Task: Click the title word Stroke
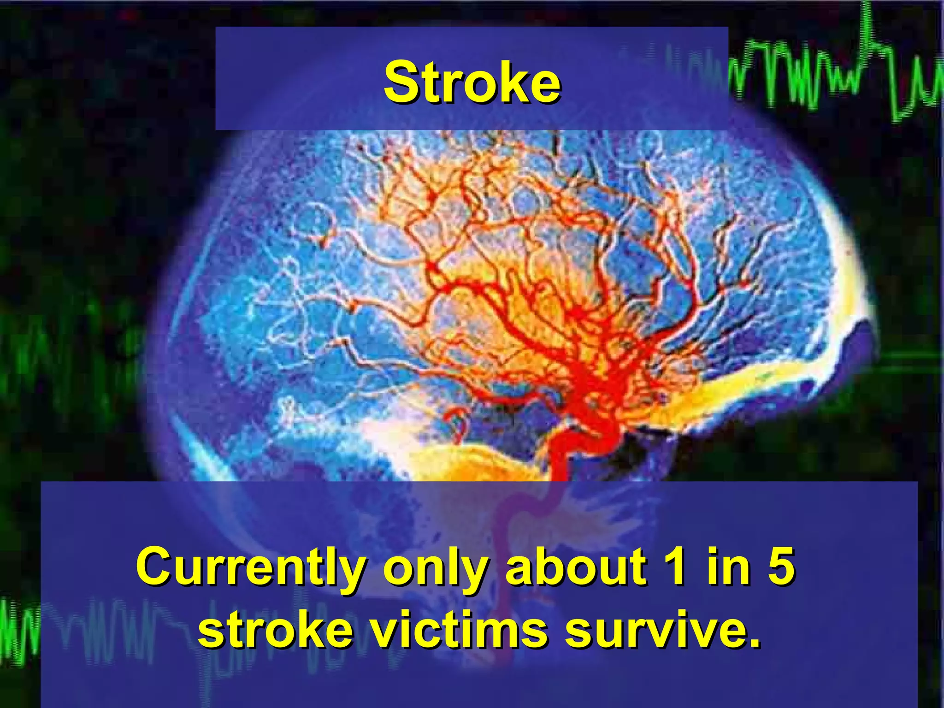[472, 83]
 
